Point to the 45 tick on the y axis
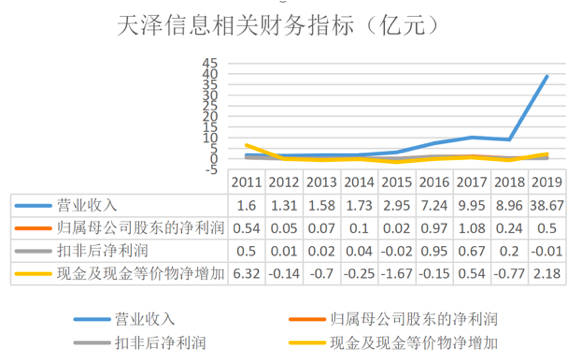pyautogui.click(x=210, y=62)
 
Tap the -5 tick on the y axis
pyautogui.click(x=210, y=169)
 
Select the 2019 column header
pyautogui.click(x=546, y=183)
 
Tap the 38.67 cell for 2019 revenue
pyautogui.click(x=546, y=205)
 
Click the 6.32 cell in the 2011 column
pyautogui.click(x=246, y=270)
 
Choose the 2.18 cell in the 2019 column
pyautogui.click(x=546, y=270)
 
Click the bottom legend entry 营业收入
pyautogui.click(x=146, y=320)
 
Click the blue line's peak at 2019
pyautogui.click(x=546, y=76)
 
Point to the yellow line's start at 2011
pyautogui.click(x=247, y=145)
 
